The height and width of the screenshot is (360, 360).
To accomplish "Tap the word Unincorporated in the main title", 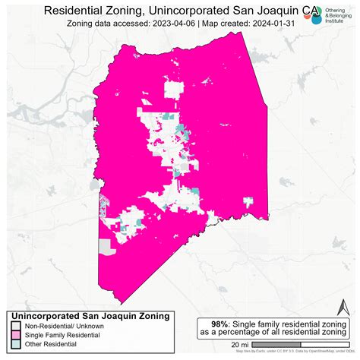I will (191, 10).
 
